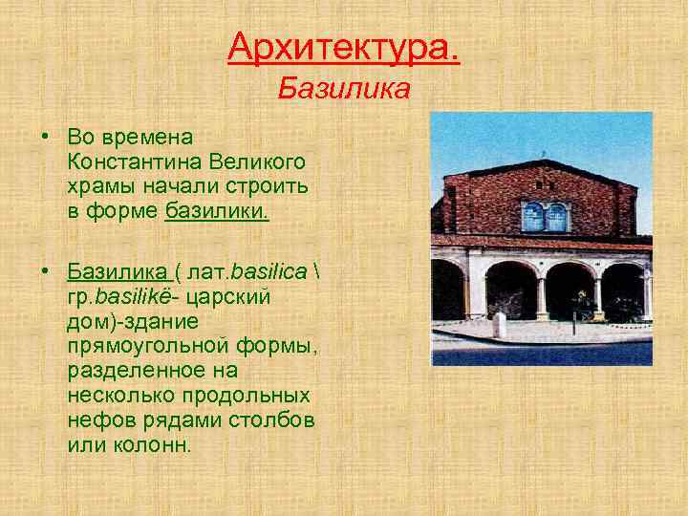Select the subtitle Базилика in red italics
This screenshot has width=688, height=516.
tap(344, 90)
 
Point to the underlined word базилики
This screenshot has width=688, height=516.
tap(217, 209)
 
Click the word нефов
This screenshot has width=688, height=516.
tap(98, 419)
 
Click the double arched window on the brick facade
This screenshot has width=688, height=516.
tap(545, 217)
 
